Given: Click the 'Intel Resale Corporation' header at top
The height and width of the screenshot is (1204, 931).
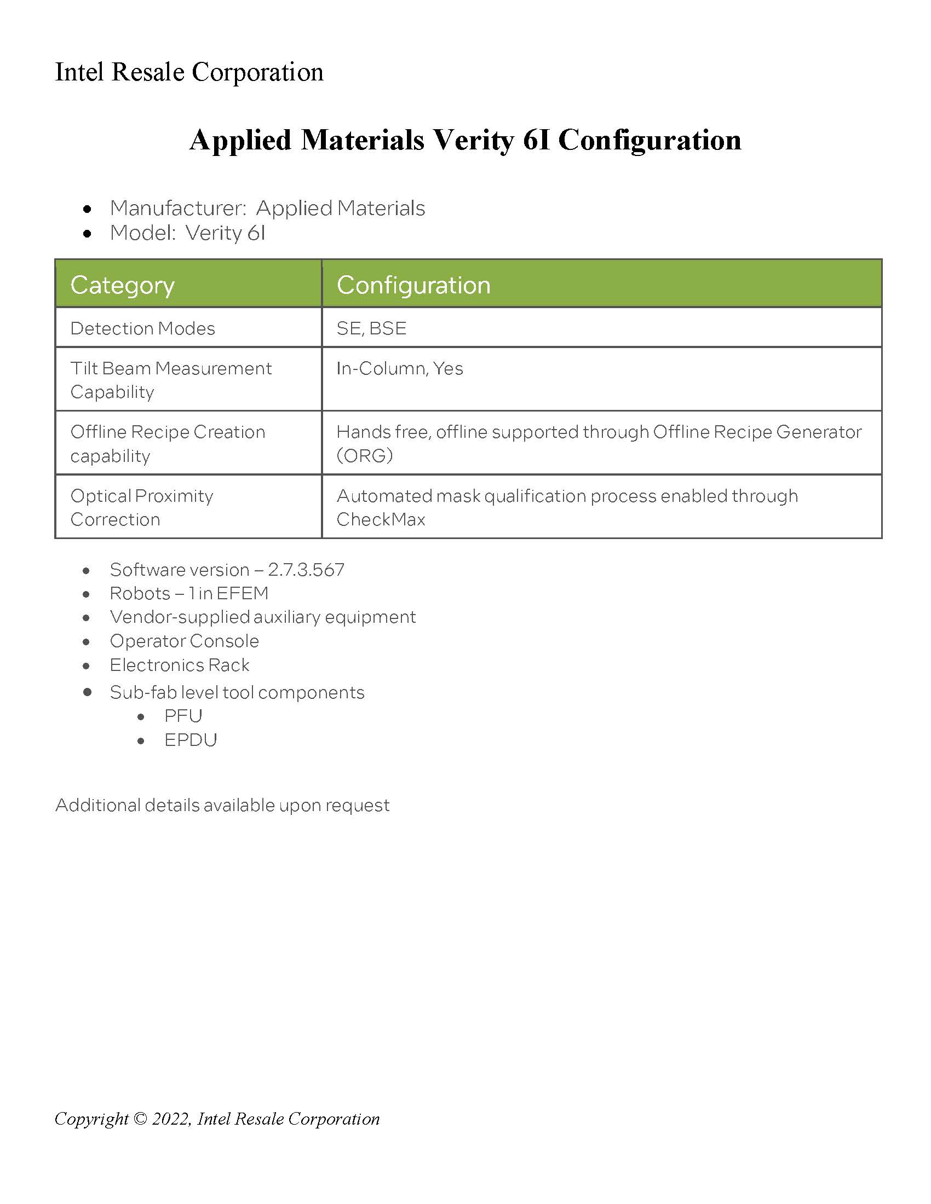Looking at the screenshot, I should (x=189, y=72).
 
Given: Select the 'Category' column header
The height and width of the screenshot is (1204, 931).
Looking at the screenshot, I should (x=123, y=285).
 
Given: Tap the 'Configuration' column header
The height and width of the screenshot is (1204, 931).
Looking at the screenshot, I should (x=413, y=285).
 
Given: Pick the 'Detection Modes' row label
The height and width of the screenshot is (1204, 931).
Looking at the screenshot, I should (x=142, y=328).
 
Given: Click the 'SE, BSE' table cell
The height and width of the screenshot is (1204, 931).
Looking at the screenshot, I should (x=371, y=328).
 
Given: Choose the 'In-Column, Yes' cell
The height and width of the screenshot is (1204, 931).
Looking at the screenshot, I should (x=399, y=368).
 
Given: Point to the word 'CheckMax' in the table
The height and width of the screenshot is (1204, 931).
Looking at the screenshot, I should (x=381, y=519).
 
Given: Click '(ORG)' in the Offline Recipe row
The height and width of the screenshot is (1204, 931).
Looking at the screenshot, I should (x=365, y=455).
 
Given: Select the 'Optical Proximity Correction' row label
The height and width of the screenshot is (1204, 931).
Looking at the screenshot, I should (x=142, y=507).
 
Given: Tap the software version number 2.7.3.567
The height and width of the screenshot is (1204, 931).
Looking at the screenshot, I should (x=306, y=570).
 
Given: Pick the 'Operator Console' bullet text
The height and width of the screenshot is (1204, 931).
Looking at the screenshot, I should (x=184, y=641).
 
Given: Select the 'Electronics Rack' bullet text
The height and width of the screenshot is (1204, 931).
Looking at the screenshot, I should (x=179, y=665).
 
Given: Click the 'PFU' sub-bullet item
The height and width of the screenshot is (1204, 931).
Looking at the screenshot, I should (x=183, y=716).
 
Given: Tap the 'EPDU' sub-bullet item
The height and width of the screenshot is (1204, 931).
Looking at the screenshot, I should (x=190, y=740).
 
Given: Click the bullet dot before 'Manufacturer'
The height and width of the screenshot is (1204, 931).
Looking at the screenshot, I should (x=87, y=209).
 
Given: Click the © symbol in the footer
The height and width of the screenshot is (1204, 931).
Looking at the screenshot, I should (x=141, y=1119).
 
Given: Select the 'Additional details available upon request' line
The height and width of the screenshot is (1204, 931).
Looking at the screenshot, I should (x=222, y=806).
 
